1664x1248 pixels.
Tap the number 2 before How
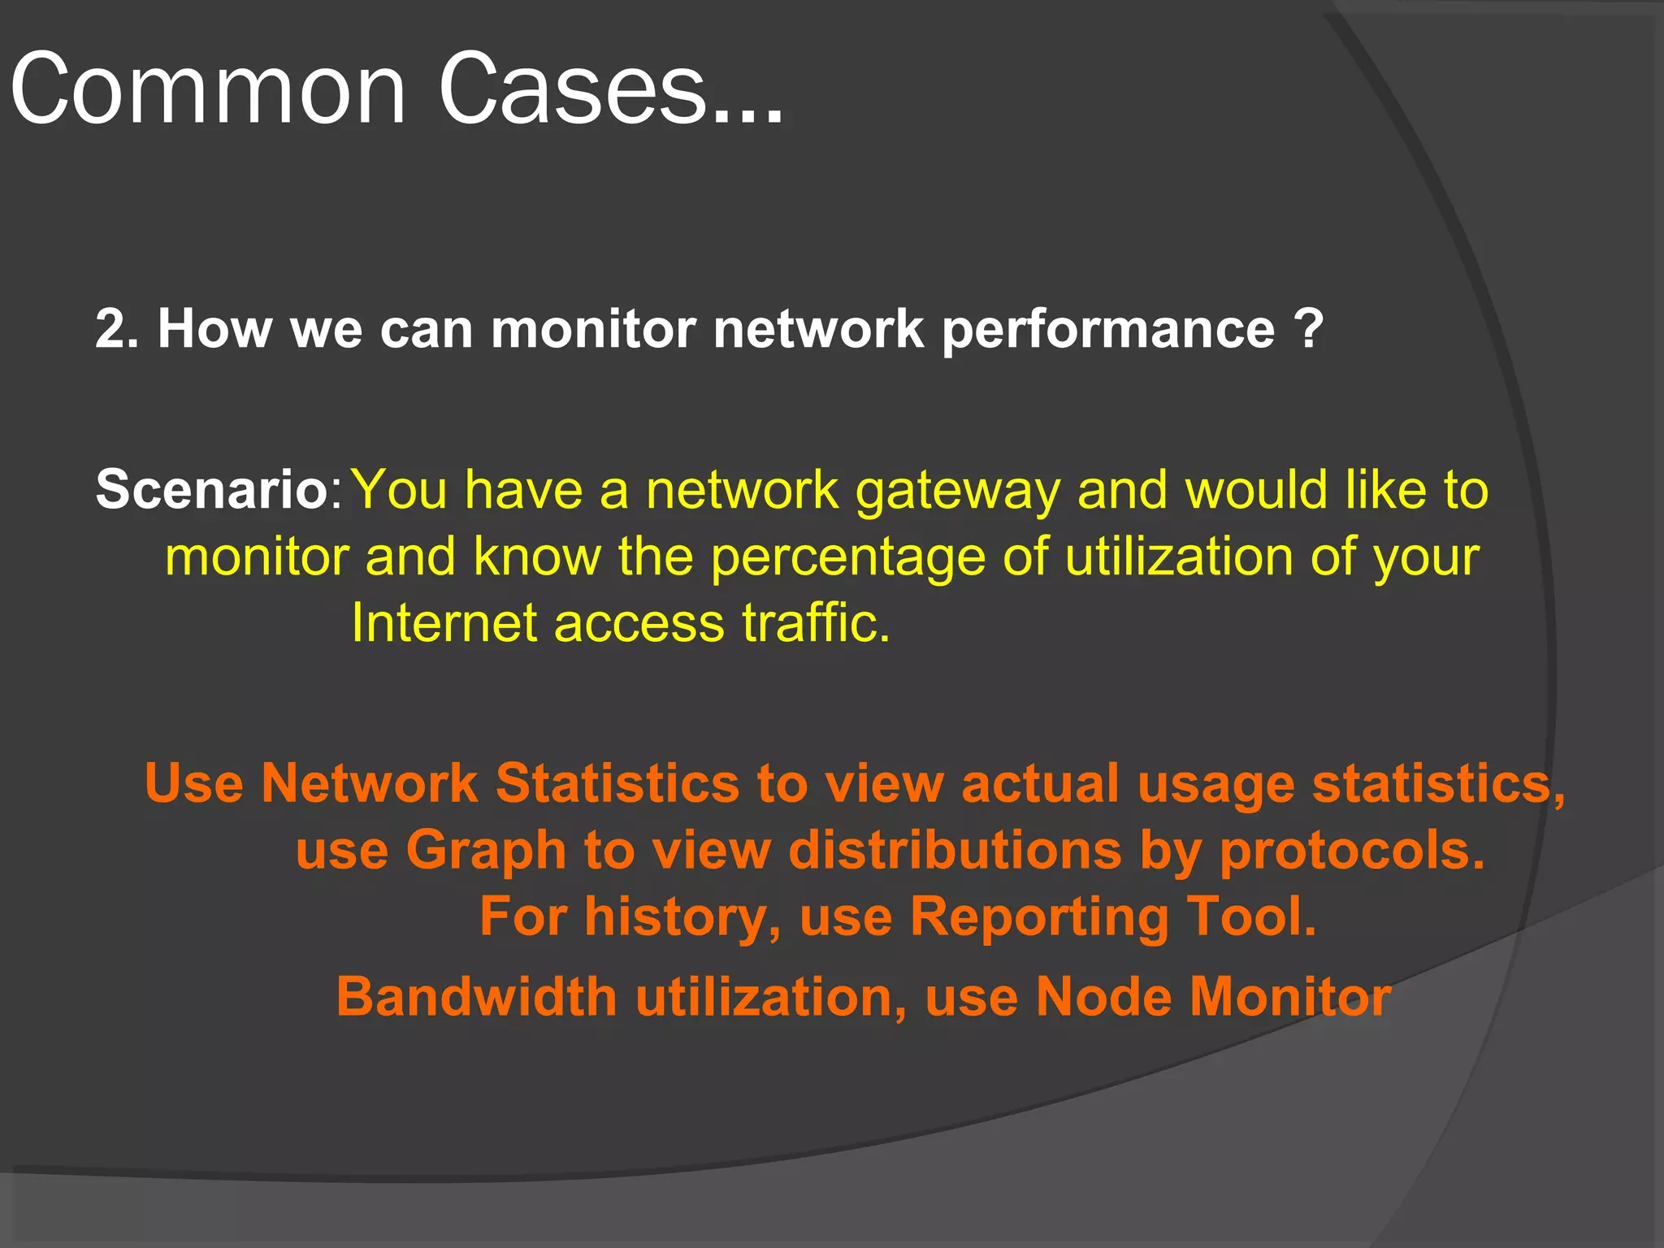point(110,329)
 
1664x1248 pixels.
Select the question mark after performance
point(1309,329)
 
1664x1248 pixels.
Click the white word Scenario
point(211,490)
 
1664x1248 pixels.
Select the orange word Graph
point(485,851)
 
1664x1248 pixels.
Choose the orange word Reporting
point(1038,917)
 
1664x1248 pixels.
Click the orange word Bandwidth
point(477,997)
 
